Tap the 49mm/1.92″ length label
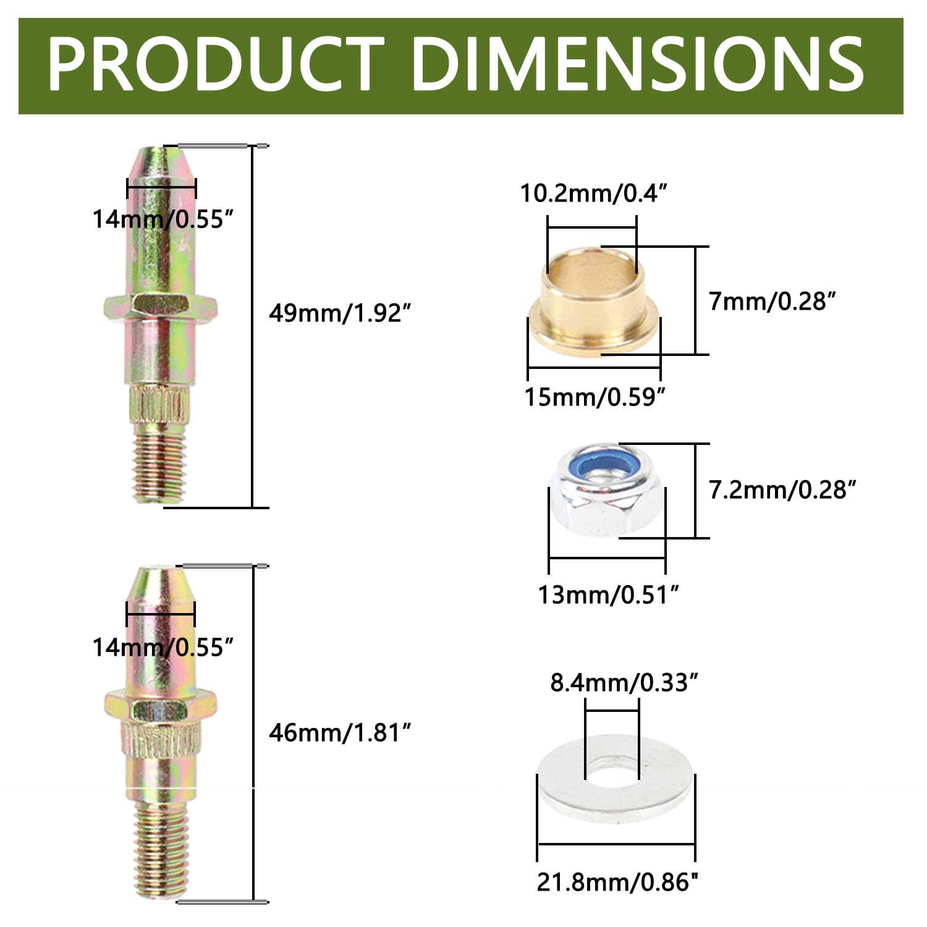tap(340, 314)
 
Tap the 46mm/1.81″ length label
tap(340, 733)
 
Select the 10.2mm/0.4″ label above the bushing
tap(594, 193)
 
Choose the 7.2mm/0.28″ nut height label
tap(783, 490)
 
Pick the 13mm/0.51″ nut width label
tap(609, 595)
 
